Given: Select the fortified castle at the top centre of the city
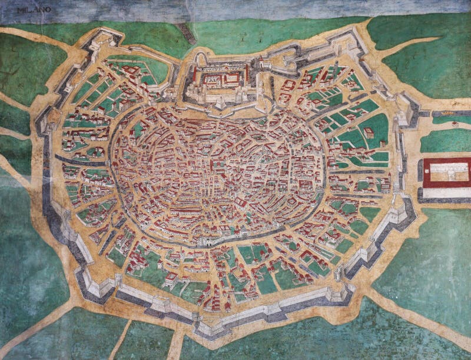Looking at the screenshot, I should coord(221,82).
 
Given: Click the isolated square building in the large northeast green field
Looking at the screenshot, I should coord(369,133).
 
